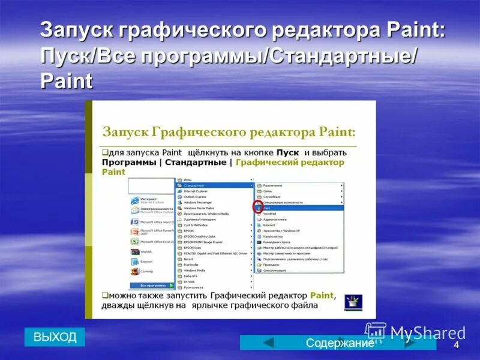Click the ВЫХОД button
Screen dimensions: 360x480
[55, 337]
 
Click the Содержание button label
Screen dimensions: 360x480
[340, 343]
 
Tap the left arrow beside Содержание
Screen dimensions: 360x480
[269, 343]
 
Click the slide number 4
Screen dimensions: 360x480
[456, 345]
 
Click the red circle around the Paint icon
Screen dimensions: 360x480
[257, 208]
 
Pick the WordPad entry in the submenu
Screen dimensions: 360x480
[270, 214]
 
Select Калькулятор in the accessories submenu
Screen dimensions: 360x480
[274, 236]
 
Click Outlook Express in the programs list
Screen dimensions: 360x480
[194, 196]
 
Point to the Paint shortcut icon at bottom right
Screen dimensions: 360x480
[353, 301]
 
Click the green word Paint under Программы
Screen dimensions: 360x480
[113, 172]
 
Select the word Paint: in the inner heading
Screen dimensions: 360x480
[337, 131]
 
